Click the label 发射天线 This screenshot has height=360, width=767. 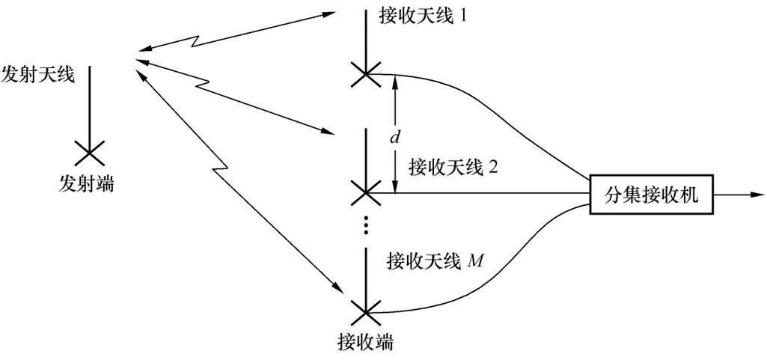click(x=38, y=75)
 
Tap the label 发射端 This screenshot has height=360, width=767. click(x=86, y=183)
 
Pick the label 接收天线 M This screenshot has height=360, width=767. click(x=435, y=261)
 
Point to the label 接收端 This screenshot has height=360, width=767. click(x=365, y=343)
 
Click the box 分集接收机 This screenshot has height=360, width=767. click(x=651, y=195)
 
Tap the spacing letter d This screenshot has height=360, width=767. click(x=396, y=137)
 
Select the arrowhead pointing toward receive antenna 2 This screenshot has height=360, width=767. click(x=326, y=131)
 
